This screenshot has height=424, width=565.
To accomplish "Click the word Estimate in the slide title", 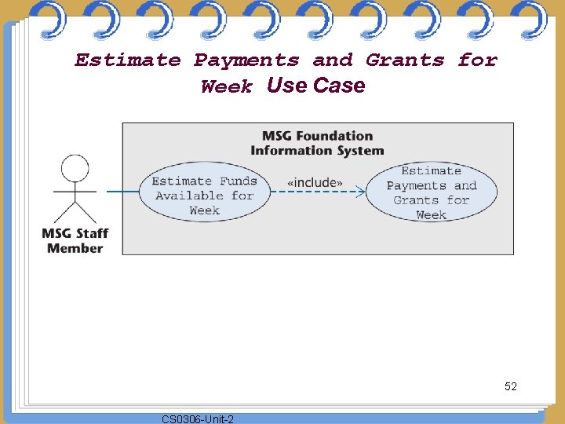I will pyautogui.click(x=128, y=60).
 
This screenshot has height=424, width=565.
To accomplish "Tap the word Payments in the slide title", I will pyautogui.click(x=246, y=60).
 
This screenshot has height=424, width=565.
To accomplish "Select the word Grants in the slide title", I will pyautogui.click(x=405, y=60).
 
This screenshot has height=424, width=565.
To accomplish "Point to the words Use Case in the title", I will pyautogui.click(x=315, y=86).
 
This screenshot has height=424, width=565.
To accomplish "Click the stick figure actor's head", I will pyautogui.click(x=75, y=168).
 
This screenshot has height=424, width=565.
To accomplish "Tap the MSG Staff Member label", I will pyautogui.click(x=75, y=241).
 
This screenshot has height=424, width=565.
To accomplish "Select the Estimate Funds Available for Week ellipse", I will pyautogui.click(x=204, y=196).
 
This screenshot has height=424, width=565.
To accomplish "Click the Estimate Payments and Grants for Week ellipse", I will pyautogui.click(x=431, y=192).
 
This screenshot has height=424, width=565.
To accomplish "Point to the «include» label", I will pyautogui.click(x=315, y=182).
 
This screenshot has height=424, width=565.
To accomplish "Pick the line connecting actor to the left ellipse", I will pyautogui.click(x=122, y=192).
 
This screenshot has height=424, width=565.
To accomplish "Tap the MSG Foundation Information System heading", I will pyautogui.click(x=317, y=143).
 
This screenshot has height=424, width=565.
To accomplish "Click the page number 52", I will pyautogui.click(x=511, y=386).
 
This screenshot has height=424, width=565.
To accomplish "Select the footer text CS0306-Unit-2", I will pyautogui.click(x=197, y=419).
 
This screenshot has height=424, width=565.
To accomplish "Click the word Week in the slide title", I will pyautogui.click(x=227, y=87).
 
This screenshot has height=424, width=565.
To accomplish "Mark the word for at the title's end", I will pyautogui.click(x=477, y=60).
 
